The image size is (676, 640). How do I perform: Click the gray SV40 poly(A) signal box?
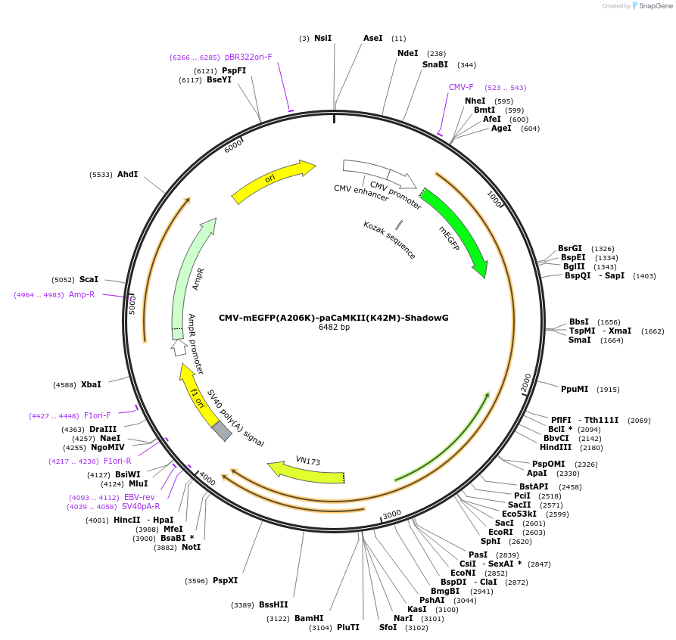point(222,430)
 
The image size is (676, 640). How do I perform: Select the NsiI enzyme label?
point(323,38)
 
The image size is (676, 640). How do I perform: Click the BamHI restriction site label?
point(309,618)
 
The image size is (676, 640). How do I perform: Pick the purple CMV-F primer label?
point(461,87)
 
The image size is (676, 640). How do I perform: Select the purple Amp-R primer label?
point(82,294)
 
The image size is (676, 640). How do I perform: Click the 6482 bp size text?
point(334,328)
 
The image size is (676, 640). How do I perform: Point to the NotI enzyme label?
point(191,547)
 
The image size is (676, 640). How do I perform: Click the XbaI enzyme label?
point(91,384)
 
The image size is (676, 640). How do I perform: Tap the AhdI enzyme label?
point(127,174)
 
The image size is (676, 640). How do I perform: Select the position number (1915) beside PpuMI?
point(608,390)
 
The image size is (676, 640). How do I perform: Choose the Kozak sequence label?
point(389,240)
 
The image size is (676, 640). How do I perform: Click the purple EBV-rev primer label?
point(139,497)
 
